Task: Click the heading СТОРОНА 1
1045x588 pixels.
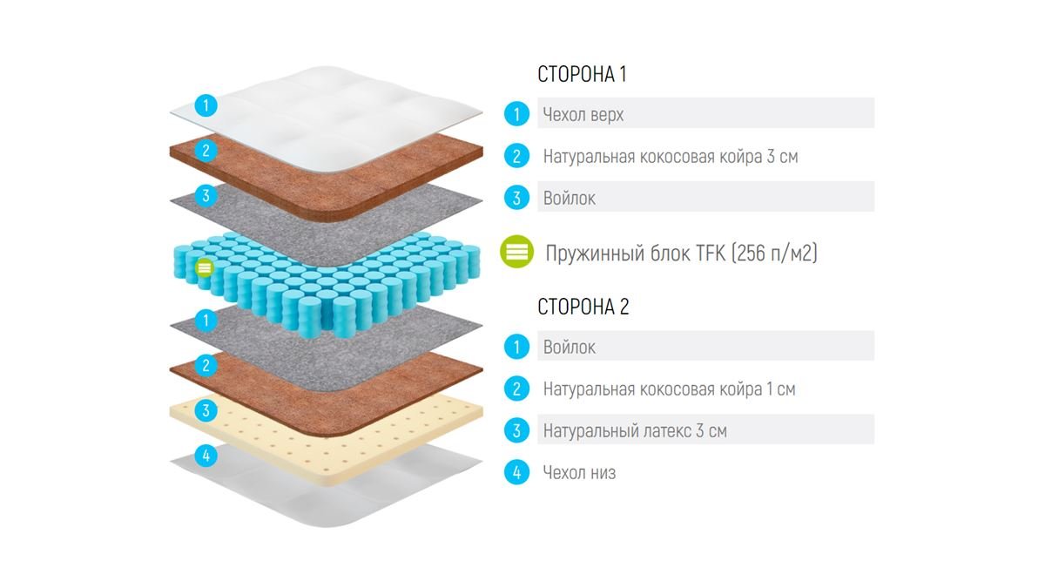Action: tap(582, 75)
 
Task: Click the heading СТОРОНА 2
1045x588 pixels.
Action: tap(583, 307)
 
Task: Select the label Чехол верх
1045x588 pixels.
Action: tap(583, 114)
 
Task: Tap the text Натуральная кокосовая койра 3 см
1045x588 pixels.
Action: tap(671, 156)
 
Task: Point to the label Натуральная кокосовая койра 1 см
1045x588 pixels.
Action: tap(669, 389)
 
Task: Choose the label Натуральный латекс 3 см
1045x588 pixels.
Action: tap(635, 430)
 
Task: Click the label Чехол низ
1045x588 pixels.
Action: tap(579, 473)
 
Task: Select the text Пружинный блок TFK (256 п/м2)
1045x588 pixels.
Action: tap(681, 253)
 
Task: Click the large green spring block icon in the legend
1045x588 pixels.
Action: tap(517, 252)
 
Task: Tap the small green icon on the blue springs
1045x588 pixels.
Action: tap(204, 268)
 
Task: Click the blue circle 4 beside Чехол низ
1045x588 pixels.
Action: tap(517, 472)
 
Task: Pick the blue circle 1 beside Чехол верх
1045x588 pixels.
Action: tap(517, 114)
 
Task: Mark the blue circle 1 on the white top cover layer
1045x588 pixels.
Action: tap(206, 105)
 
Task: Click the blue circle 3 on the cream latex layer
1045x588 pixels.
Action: tap(206, 410)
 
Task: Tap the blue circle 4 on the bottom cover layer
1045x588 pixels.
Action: tap(206, 456)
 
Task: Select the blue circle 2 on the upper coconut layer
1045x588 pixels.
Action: tap(206, 150)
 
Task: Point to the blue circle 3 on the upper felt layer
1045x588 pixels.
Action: tap(206, 195)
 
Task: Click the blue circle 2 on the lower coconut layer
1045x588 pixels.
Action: tap(206, 365)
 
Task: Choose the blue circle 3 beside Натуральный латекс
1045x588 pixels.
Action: tap(517, 430)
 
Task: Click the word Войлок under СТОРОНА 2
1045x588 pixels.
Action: tap(570, 348)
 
